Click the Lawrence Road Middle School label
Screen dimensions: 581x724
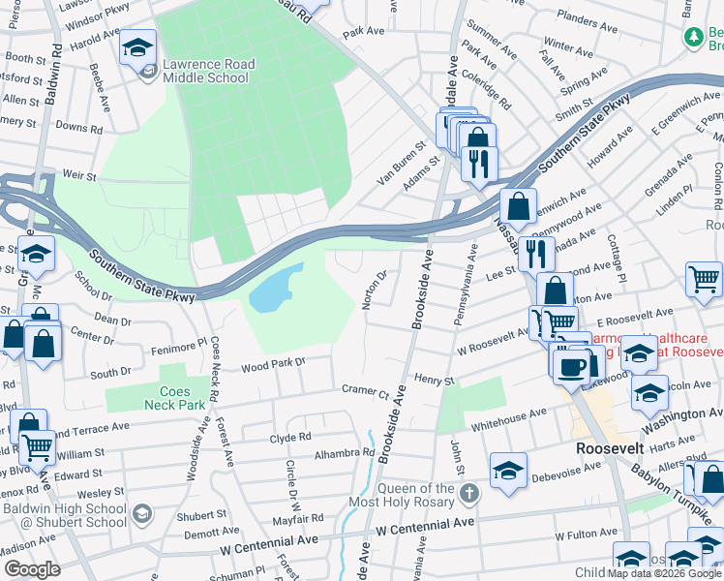click(x=208, y=71)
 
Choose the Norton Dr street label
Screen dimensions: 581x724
click(x=375, y=290)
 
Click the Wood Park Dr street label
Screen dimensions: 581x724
click(x=273, y=364)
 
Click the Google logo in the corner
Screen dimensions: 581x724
click(x=32, y=568)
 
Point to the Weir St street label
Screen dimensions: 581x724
click(x=79, y=176)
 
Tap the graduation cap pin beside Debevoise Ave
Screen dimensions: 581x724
click(x=508, y=471)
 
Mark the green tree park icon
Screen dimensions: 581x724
click(x=693, y=37)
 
